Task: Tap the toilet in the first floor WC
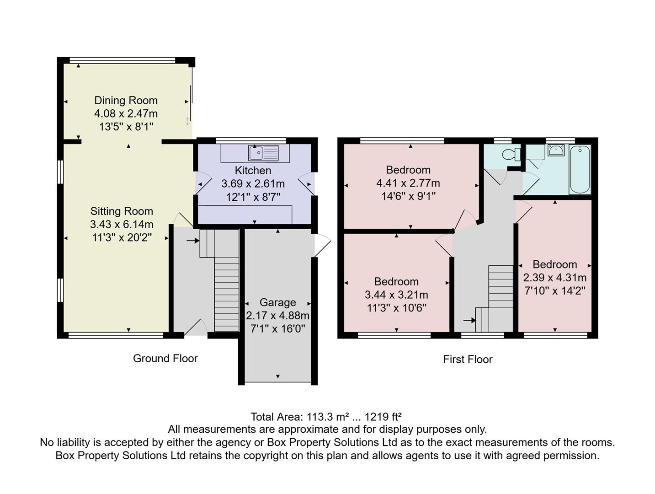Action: (511, 154)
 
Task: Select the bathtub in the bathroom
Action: (580, 169)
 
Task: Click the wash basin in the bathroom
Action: (556, 150)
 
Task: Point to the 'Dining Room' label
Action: (126, 101)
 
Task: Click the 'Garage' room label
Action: (277, 302)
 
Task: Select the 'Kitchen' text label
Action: (253, 171)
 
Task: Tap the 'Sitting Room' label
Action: (122, 211)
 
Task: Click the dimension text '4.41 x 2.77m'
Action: (408, 183)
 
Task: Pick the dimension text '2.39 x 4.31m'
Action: (554, 278)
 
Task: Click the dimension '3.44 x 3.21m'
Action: (396, 295)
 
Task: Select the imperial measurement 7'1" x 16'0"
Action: (277, 328)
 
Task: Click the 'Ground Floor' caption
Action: (165, 359)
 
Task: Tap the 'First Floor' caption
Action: (468, 360)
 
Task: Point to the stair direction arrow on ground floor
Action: (193, 240)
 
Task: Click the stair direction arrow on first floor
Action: (469, 320)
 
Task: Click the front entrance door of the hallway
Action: (195, 328)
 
